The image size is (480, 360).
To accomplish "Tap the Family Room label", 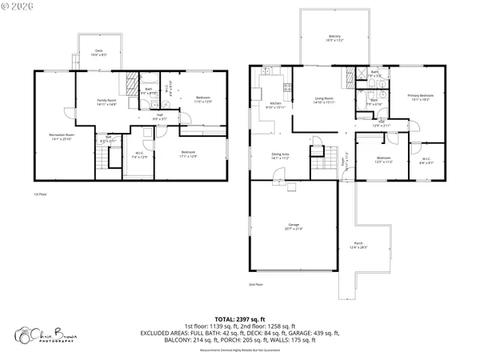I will pyautogui.click(x=107, y=102).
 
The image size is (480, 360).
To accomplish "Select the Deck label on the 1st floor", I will pyautogui.click(x=99, y=54).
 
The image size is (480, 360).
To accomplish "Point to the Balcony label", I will pyautogui.click(x=334, y=38).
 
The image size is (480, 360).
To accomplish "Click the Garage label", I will pyautogui.click(x=294, y=226).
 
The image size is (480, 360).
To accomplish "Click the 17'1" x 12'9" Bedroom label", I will pyautogui.click(x=188, y=154).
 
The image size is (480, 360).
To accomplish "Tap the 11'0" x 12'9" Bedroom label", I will pyautogui.click(x=202, y=100).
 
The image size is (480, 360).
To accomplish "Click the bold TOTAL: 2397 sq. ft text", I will pyautogui.click(x=239, y=318).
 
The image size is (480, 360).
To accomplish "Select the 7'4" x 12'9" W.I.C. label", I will pyautogui.click(x=138, y=155).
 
